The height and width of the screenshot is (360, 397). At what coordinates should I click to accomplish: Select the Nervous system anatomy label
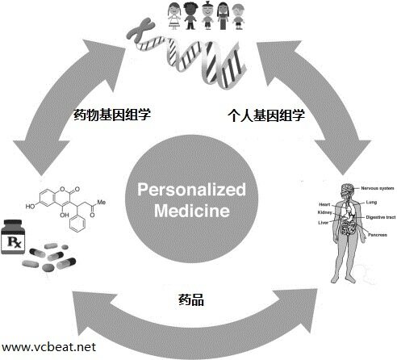coord(376,188)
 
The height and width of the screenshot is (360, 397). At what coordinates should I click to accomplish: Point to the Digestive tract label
coord(380,218)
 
